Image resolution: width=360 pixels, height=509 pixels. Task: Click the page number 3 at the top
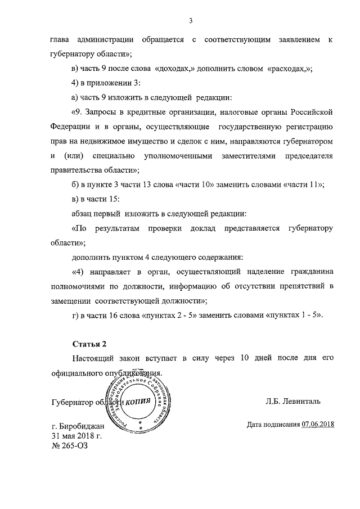click(x=191, y=21)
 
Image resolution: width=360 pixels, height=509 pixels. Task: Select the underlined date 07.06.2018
click(x=318, y=424)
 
